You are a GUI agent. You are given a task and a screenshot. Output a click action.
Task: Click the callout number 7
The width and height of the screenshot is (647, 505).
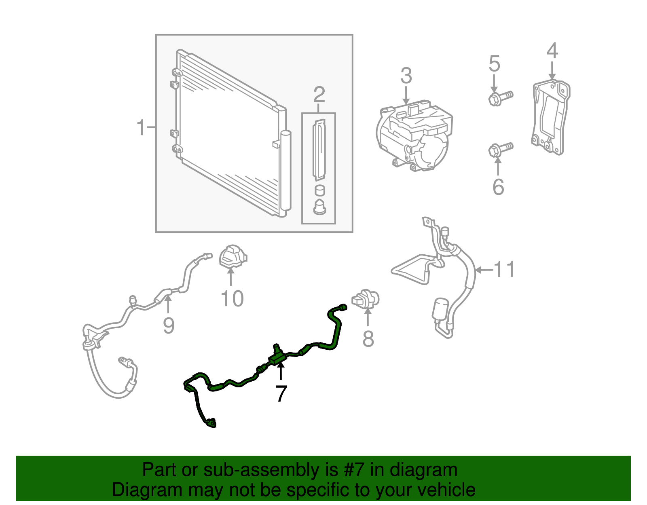coord(281,393)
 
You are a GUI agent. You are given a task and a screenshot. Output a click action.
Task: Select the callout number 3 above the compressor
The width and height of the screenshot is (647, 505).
coord(406,76)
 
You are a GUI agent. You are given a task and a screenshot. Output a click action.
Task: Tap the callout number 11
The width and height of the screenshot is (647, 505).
coord(505,270)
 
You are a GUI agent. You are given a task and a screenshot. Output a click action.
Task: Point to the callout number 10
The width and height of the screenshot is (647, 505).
coord(232,299)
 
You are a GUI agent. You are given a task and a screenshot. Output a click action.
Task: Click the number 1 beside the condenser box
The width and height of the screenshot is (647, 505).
coord(141,128)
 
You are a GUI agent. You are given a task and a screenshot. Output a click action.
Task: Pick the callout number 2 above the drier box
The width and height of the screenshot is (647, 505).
coord(319,95)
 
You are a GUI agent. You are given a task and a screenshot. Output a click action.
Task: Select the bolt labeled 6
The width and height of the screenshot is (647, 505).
coord(500,149)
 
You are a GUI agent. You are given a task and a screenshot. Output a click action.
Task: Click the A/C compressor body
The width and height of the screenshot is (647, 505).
coord(414,135)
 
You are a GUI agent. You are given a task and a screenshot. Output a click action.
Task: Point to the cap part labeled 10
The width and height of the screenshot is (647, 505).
coord(232,256)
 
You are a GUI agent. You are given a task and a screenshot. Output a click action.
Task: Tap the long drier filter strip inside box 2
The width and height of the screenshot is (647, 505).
coord(319,150)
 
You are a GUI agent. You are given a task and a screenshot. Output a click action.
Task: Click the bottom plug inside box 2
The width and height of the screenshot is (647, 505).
coord(319,207)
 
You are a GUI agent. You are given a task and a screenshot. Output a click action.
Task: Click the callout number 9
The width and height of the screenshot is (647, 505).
coord(169,325)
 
